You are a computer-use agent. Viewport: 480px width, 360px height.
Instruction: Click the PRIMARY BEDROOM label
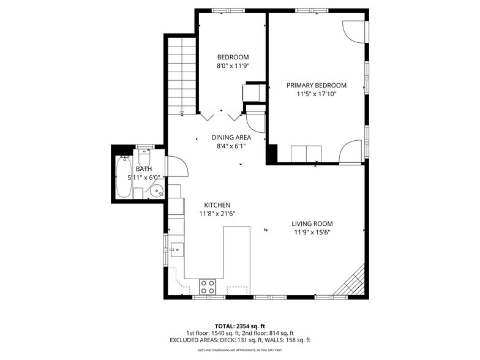coord(317,85)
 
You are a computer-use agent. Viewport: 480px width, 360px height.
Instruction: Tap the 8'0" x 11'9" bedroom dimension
coord(233,66)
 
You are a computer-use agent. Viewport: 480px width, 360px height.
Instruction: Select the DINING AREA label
coord(231,137)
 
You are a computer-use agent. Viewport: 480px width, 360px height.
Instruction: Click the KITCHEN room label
coord(217,204)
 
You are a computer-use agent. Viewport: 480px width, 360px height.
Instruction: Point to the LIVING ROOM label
coord(312,223)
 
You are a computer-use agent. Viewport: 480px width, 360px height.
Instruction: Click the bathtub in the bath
coord(123,178)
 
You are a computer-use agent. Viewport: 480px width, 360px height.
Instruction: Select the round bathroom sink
coord(157,191)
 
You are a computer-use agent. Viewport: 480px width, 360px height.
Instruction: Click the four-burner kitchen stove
coord(208,286)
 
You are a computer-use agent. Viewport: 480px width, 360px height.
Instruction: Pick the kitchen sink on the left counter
coord(176,249)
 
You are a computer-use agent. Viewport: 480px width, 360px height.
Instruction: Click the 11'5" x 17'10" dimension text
coord(317,94)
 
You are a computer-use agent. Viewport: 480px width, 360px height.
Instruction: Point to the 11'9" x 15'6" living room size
coord(312,233)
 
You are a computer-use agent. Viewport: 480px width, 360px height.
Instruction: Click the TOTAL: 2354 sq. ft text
coord(239,325)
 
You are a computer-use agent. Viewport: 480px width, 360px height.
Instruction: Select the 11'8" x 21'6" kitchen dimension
coord(217,214)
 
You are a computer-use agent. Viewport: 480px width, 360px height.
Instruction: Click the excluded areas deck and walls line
coord(239,340)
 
